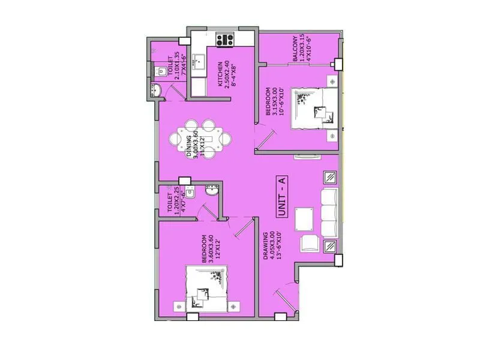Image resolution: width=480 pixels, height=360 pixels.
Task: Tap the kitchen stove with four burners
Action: click(225, 40)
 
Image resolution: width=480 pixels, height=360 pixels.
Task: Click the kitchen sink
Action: click(200, 64)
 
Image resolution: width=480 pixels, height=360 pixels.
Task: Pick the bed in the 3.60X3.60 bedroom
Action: click(208, 287)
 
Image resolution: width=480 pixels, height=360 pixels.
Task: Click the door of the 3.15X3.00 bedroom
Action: click(262, 138)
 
